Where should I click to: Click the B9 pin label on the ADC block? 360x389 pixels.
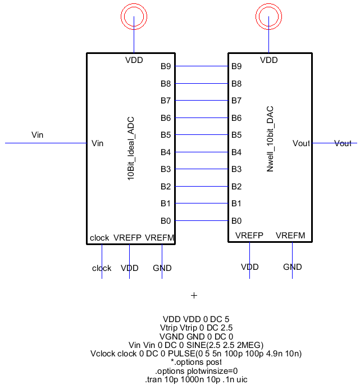coord(166,66)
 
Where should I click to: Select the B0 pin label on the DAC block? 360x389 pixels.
coord(237,220)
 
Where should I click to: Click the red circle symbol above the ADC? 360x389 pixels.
coord(134,16)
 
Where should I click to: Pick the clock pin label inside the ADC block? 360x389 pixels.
coord(99,238)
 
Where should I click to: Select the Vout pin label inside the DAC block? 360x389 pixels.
coord(301,143)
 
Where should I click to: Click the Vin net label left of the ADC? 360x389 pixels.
coord(37,135)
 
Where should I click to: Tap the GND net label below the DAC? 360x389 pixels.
coord(292,267)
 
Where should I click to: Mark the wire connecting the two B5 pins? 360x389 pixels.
coord(201,135)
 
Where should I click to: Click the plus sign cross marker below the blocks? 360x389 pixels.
coord(194,295)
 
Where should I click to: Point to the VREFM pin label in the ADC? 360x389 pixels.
coord(160,238)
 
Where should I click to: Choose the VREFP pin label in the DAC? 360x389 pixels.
coord(249,236)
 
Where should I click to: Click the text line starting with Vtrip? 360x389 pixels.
coord(196,327)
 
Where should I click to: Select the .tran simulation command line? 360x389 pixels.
coord(196,379)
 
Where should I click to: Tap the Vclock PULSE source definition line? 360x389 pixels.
coord(196,354)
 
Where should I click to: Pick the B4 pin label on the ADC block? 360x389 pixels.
coord(166,152)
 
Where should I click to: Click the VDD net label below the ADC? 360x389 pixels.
coord(130,268)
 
